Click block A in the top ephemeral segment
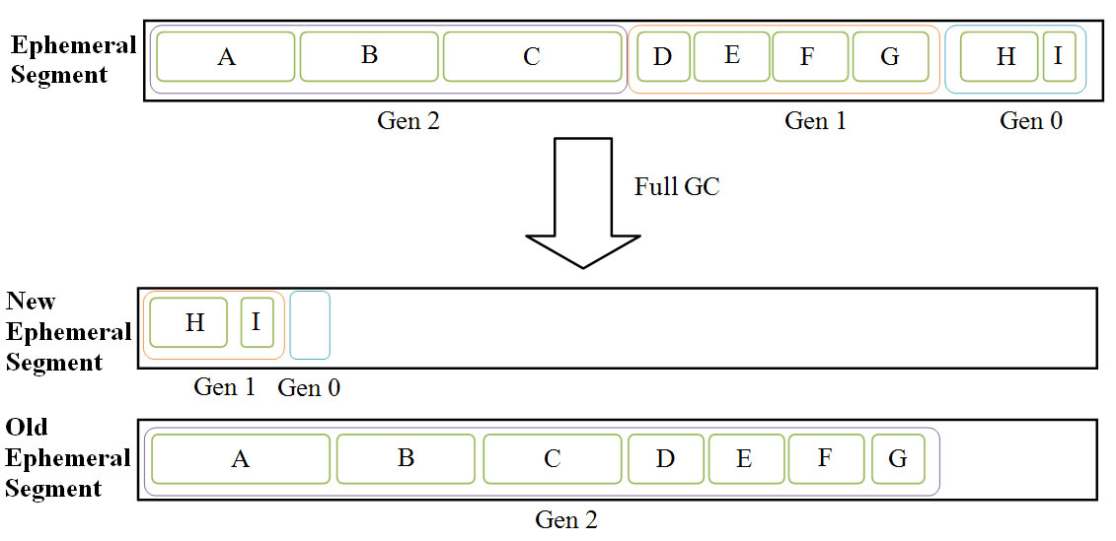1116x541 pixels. [x=226, y=57]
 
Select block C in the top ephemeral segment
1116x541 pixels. [x=532, y=57]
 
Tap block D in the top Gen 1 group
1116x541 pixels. [x=662, y=57]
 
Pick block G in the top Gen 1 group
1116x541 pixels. [x=890, y=57]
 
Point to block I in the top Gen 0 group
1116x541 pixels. [x=1059, y=56]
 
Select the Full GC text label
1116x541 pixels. [x=677, y=186]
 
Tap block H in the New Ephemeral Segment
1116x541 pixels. [x=194, y=323]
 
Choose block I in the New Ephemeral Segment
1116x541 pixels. [x=257, y=323]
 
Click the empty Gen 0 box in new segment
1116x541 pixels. [x=310, y=325]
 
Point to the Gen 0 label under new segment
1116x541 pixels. [x=309, y=388]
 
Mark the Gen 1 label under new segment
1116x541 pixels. [x=224, y=387]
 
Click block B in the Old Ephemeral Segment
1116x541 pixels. [x=406, y=459]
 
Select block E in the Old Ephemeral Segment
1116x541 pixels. [x=745, y=459]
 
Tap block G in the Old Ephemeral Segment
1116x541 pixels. [x=897, y=459]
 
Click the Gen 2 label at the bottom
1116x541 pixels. [x=566, y=519]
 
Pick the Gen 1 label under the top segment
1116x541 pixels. [x=815, y=121]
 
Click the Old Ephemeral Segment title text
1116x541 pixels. [x=68, y=458]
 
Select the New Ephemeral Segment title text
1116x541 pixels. [x=68, y=332]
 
